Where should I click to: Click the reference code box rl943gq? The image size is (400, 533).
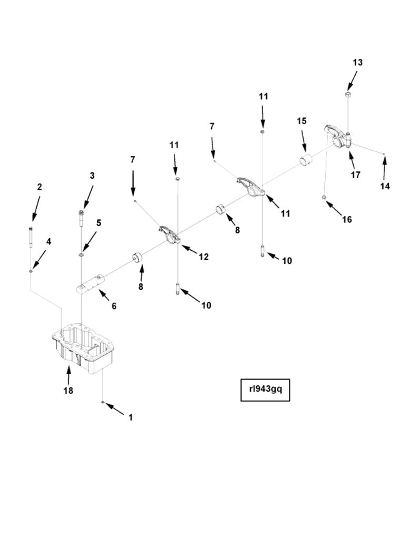[265, 389]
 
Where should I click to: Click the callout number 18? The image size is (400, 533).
[68, 391]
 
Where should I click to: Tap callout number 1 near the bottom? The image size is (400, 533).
[131, 417]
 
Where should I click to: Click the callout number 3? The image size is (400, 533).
[92, 176]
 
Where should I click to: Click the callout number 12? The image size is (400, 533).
[204, 257]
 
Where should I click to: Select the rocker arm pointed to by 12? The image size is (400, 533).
[169, 234]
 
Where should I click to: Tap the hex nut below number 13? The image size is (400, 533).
[348, 94]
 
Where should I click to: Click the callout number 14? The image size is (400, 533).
[385, 186]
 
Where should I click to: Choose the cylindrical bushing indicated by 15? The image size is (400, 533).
[306, 160]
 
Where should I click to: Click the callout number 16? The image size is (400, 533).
[347, 220]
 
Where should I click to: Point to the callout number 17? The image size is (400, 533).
[356, 175]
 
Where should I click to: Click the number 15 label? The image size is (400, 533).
[302, 121]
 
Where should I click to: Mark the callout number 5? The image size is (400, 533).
[98, 223]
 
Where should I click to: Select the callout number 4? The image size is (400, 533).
[49, 241]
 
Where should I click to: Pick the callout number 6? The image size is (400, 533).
[114, 306]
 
